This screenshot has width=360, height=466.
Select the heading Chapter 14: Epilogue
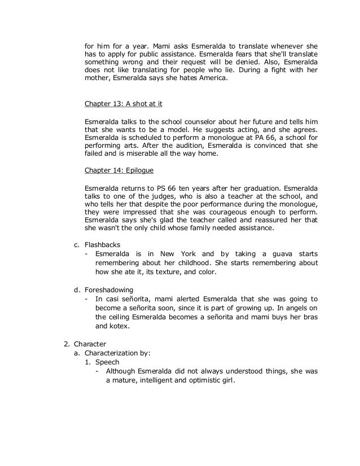coord(118,169)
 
